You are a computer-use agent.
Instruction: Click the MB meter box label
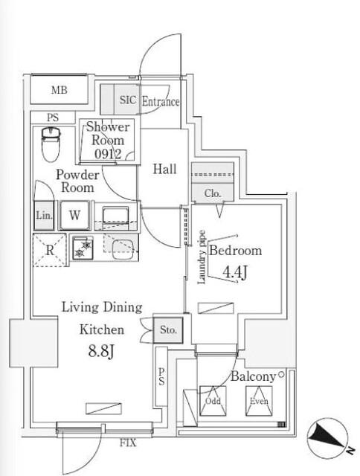60,90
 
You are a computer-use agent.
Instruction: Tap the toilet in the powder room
51,144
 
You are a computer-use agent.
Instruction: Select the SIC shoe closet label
128,100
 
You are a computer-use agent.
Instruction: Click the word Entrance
161,101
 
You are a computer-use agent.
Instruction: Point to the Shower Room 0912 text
108,141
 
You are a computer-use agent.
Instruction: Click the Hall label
164,169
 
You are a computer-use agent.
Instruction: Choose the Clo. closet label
213,193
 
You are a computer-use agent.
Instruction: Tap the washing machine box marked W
74,215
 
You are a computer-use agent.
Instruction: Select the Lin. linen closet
44,215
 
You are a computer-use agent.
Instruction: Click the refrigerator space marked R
50,251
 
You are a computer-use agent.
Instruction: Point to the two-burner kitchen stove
83,248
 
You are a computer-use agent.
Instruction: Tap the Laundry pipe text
202,257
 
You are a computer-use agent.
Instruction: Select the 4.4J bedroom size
234,271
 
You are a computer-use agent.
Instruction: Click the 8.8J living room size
101,352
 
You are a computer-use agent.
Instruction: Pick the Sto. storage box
168,330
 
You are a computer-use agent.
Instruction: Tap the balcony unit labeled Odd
213,401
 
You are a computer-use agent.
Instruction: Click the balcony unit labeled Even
259,401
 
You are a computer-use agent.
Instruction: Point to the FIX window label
128,443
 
